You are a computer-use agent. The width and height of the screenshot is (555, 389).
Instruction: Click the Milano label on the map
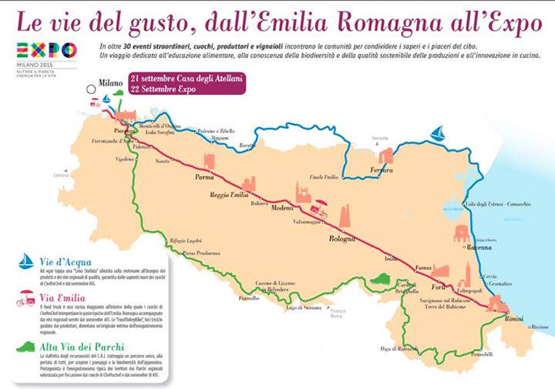[112, 81]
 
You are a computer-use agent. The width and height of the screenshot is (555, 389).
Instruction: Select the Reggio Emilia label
[231, 195]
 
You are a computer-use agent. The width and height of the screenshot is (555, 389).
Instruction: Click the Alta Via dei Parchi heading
[81, 347]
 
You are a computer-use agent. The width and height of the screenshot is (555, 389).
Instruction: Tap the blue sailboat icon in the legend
[27, 260]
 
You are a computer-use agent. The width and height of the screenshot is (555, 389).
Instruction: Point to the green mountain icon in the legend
[28, 346]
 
